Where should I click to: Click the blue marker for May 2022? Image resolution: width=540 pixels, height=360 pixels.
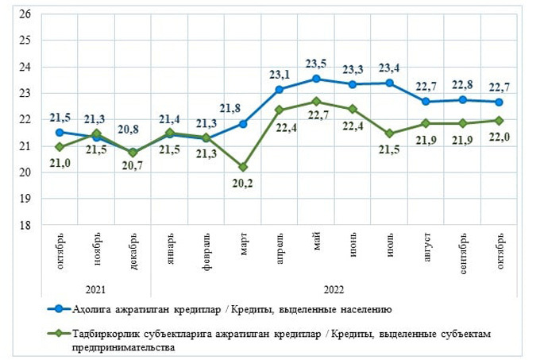pyautogui.click(x=316, y=79)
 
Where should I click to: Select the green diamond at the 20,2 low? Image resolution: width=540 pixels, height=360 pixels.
pyautogui.click(x=243, y=167)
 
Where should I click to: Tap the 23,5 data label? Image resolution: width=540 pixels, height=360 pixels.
pyautogui.click(x=316, y=63)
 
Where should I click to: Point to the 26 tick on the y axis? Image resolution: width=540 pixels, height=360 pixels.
pyautogui.click(x=25, y=14)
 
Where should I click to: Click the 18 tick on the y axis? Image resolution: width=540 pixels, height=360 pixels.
pyautogui.click(x=25, y=225)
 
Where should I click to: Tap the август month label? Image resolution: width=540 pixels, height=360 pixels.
pyautogui.click(x=426, y=241)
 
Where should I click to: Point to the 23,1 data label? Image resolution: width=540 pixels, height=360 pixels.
pyautogui.click(x=279, y=75)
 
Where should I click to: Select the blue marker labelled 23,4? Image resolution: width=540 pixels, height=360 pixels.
pyautogui.click(x=389, y=83)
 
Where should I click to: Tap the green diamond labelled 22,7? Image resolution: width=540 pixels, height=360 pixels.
pyautogui.click(x=316, y=102)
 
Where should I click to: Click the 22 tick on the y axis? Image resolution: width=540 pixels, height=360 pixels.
pyautogui.click(x=25, y=119)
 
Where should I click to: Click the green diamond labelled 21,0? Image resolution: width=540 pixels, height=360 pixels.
pyautogui.click(x=60, y=147)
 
